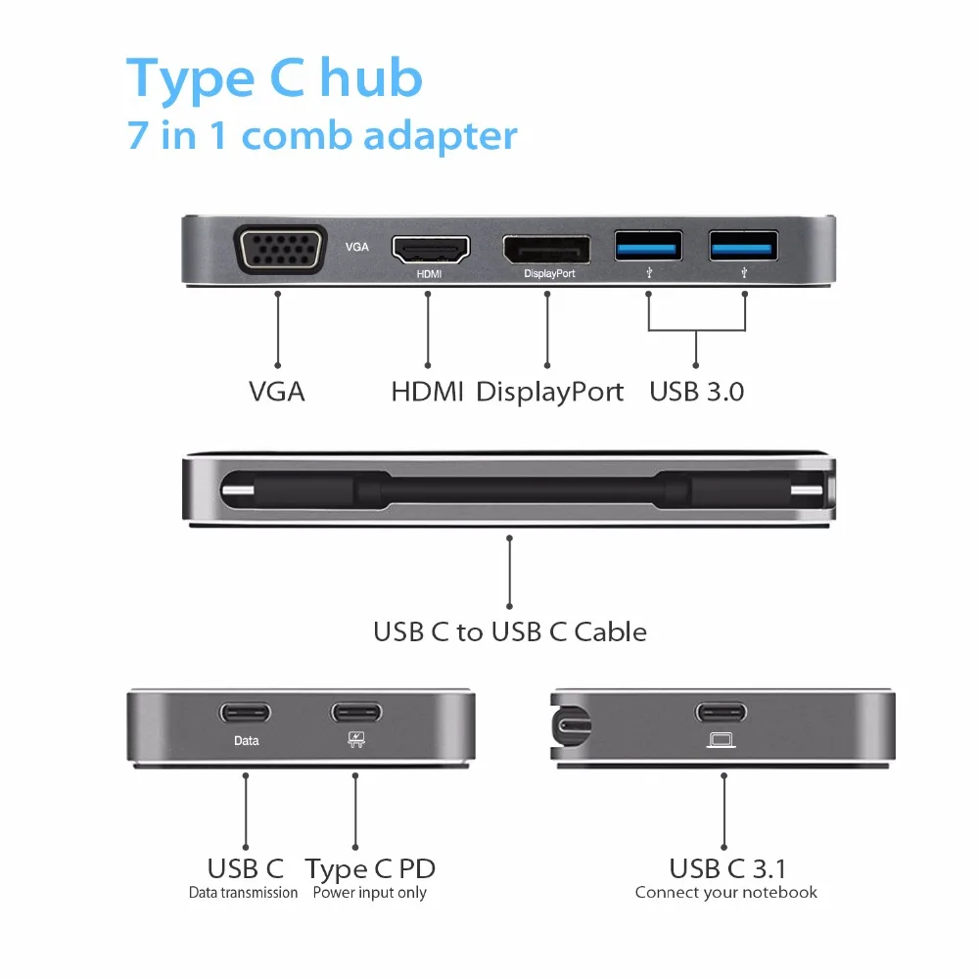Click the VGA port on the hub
(278, 251)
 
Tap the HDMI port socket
(430, 249)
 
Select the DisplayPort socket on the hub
(546, 249)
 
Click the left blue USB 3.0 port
(648, 245)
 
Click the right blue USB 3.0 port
(744, 245)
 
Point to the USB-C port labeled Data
(246, 712)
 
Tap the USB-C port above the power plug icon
(355, 712)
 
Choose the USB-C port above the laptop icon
(723, 712)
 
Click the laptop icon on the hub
(723, 740)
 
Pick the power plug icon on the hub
(355, 741)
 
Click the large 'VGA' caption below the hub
(277, 393)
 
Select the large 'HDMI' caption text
(428, 393)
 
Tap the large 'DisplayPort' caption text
(550, 393)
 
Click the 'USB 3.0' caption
(697, 393)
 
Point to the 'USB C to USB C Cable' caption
(510, 631)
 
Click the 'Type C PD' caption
(370, 868)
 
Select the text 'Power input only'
(370, 893)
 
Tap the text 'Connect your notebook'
(725, 893)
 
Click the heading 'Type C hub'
(274, 78)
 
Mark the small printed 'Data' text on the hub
(247, 741)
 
